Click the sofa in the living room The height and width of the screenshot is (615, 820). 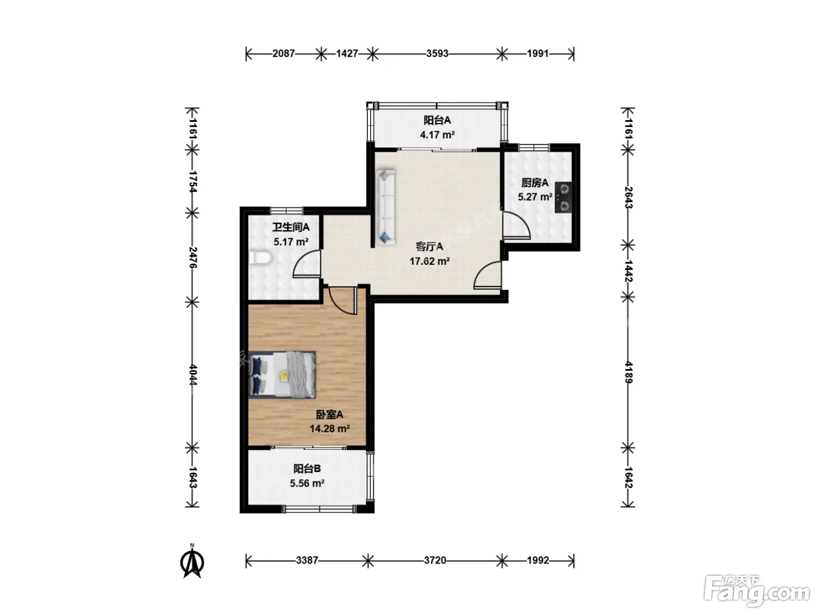point(386,207)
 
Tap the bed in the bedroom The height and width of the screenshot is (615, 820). point(282,374)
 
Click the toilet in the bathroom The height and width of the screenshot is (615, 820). point(260,258)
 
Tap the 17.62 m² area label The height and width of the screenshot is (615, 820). point(429,261)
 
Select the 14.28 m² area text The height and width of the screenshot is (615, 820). point(330,428)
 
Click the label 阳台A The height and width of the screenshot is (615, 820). point(437,120)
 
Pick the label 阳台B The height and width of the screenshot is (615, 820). point(307,468)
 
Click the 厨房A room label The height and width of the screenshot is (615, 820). point(535,183)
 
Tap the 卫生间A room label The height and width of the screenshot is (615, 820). point(291,227)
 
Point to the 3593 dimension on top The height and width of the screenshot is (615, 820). point(437,53)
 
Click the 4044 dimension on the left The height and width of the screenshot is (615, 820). point(193,374)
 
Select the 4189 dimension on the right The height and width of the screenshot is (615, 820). point(628,372)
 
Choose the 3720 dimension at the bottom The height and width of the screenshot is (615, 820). point(435,560)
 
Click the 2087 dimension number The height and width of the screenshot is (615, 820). point(283,53)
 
